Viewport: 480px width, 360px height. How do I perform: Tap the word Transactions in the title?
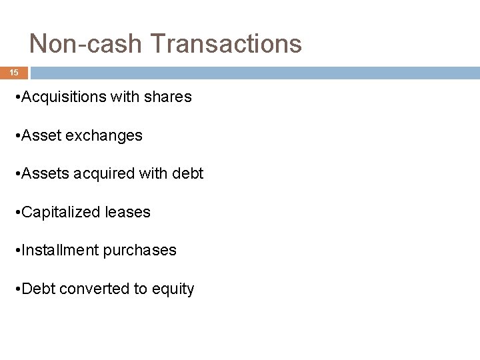(x=227, y=44)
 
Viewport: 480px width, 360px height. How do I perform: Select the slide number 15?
(x=14, y=72)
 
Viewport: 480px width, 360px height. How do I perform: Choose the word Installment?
(x=61, y=251)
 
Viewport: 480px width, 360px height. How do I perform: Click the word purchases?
(x=140, y=251)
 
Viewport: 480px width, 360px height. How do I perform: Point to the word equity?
(x=173, y=289)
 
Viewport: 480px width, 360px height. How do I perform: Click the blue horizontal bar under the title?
(x=253, y=73)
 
